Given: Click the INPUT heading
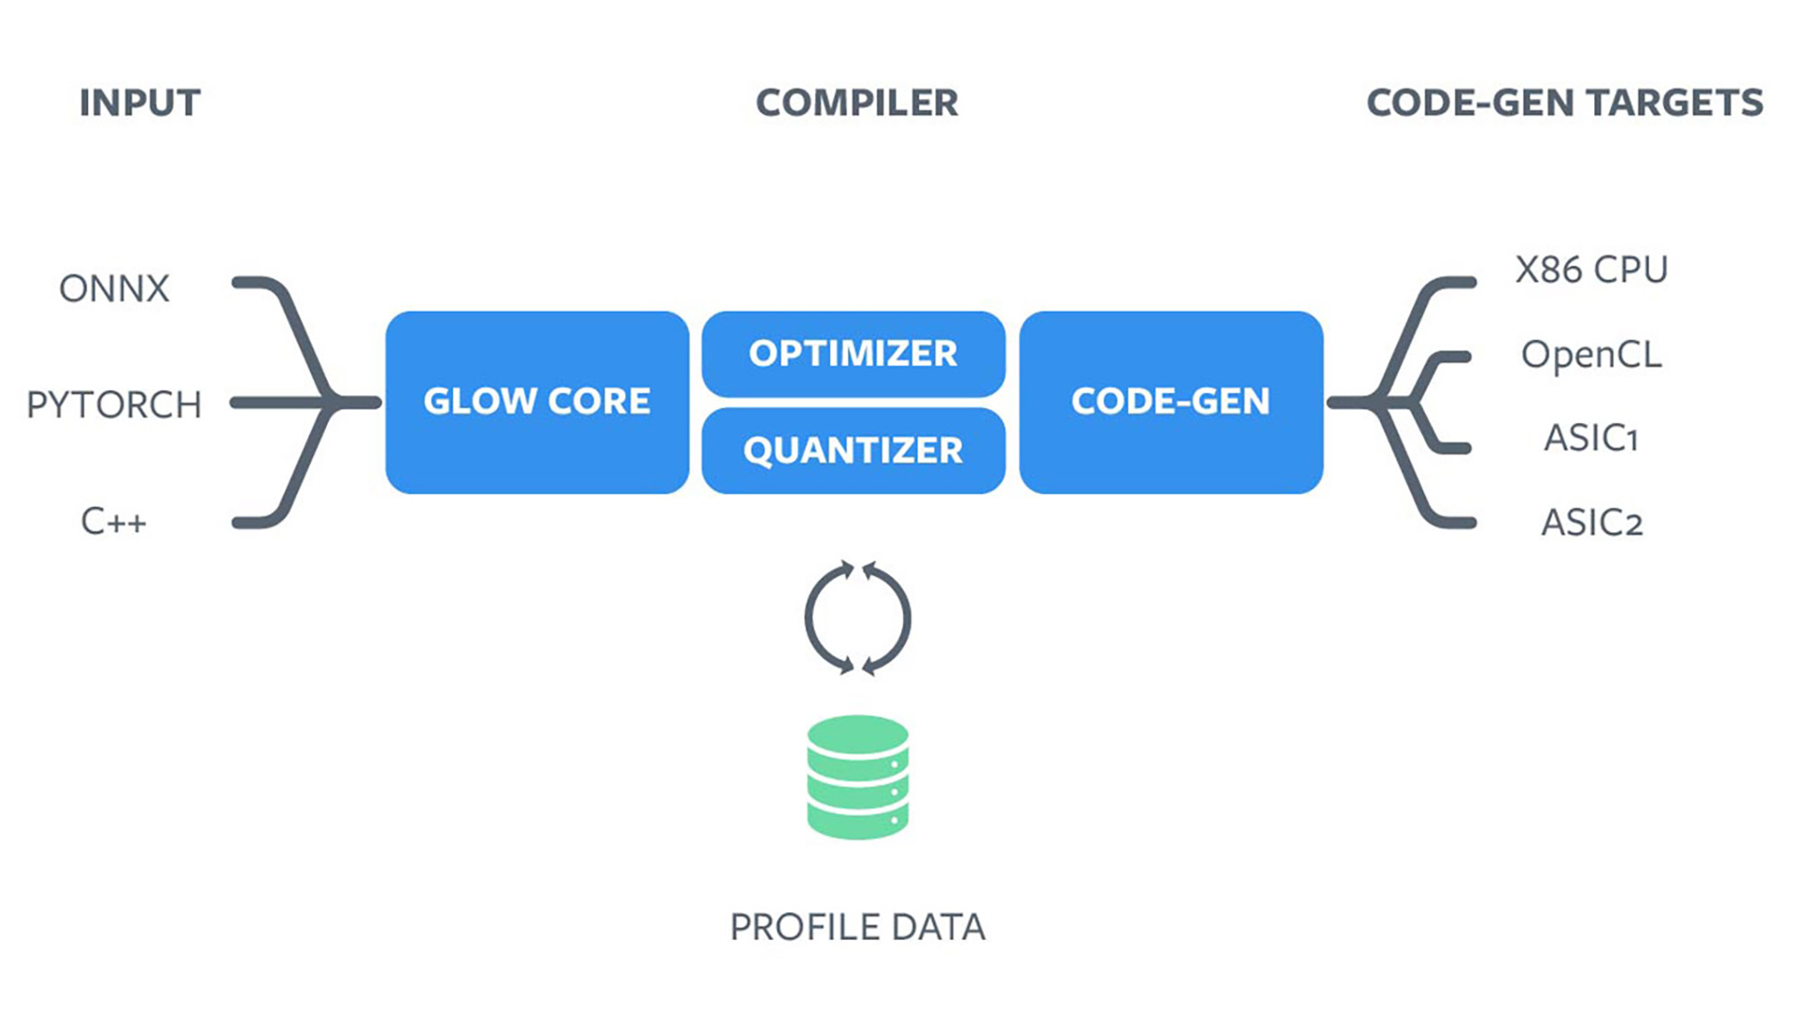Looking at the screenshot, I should click(139, 103).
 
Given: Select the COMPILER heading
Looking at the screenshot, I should click(856, 103).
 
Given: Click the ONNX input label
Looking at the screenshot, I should click(114, 289).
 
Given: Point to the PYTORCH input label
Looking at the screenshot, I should click(114, 404).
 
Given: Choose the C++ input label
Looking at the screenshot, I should click(113, 521).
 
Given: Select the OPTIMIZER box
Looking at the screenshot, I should click(853, 353).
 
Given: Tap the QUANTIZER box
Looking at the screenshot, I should click(853, 450).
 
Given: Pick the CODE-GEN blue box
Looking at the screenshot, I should click(1171, 402).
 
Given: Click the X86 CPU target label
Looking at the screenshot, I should click(1591, 270).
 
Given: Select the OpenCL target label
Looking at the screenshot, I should click(1591, 355).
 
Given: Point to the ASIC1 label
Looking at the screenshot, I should click(1591, 439).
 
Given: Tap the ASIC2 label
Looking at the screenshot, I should click(1591, 522).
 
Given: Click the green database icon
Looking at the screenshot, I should click(857, 777).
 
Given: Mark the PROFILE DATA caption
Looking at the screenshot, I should click(857, 927).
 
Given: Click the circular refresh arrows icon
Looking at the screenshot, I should click(857, 618).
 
